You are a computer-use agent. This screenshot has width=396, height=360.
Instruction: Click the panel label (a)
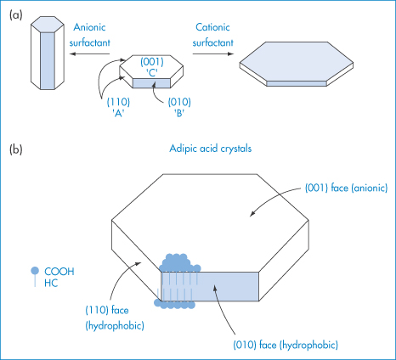[x=15, y=14]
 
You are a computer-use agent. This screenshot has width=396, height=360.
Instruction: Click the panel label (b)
[x=15, y=149]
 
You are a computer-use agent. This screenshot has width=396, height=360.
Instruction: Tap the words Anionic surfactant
[x=89, y=35]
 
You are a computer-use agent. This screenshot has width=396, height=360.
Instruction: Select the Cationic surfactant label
[x=212, y=35]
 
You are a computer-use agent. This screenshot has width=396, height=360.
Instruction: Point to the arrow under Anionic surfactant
[x=89, y=53]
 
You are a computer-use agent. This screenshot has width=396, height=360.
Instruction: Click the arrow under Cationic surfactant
[x=213, y=53]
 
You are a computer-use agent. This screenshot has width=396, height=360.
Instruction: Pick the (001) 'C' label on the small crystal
[x=152, y=67]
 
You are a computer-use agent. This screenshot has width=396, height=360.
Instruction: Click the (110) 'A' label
[x=118, y=108]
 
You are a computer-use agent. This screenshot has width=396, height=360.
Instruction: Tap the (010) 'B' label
[x=179, y=108]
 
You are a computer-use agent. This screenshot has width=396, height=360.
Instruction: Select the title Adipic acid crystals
[x=211, y=149]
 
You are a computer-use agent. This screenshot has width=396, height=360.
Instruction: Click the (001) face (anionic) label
[x=346, y=188]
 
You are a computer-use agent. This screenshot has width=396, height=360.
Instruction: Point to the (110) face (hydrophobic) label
[x=115, y=318]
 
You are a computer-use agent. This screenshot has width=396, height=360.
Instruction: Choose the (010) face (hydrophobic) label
[x=286, y=345]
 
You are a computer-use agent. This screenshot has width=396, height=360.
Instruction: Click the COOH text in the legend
[x=59, y=272]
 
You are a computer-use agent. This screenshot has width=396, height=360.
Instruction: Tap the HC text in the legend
[x=51, y=283]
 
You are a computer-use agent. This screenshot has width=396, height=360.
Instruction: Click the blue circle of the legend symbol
[x=35, y=271]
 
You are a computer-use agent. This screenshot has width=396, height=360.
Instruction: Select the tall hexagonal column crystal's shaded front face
[x=47, y=60]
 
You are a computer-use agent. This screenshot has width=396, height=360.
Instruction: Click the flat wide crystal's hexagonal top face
[x=297, y=61]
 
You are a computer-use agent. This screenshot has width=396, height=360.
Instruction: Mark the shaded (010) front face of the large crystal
[x=210, y=286]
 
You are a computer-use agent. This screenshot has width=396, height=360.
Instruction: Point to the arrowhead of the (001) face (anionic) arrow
[x=252, y=215]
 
